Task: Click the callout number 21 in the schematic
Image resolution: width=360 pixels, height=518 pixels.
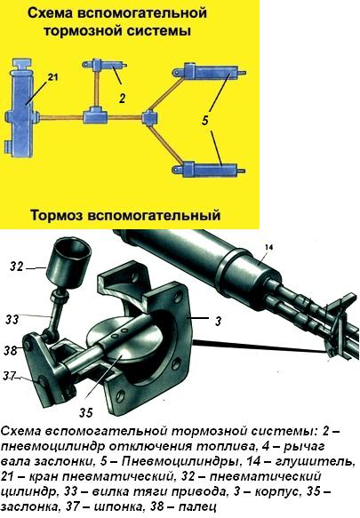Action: pyautogui.click(x=52, y=77)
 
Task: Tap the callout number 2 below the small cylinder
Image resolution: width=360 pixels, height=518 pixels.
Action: pyautogui.click(x=123, y=98)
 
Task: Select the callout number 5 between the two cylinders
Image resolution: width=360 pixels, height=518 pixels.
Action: pyautogui.click(x=205, y=120)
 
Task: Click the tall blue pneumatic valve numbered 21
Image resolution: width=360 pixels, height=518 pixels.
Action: pyautogui.click(x=21, y=108)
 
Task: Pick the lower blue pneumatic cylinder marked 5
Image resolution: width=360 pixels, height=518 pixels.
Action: pyautogui.click(x=209, y=169)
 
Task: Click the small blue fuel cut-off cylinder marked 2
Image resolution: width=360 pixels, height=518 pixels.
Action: pyautogui.click(x=105, y=65)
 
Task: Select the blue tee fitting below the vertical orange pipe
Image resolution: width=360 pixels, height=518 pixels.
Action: pyautogui.click(x=95, y=116)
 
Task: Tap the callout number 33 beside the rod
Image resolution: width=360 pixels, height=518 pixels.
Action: pyautogui.click(x=12, y=319)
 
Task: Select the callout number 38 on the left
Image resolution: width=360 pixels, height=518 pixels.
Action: pyautogui.click(x=11, y=350)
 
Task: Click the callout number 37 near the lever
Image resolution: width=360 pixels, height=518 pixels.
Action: pyautogui.click(x=9, y=376)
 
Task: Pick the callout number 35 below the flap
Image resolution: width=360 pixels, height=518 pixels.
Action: pyautogui.click(x=86, y=412)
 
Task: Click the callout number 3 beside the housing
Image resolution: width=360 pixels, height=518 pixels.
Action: pyautogui.click(x=218, y=321)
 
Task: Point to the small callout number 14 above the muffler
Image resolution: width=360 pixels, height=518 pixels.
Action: pyautogui.click(x=269, y=247)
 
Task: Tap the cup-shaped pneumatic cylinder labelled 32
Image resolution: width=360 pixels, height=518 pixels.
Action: pyautogui.click(x=68, y=263)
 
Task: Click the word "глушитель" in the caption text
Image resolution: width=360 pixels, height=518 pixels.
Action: pyautogui.click(x=316, y=461)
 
